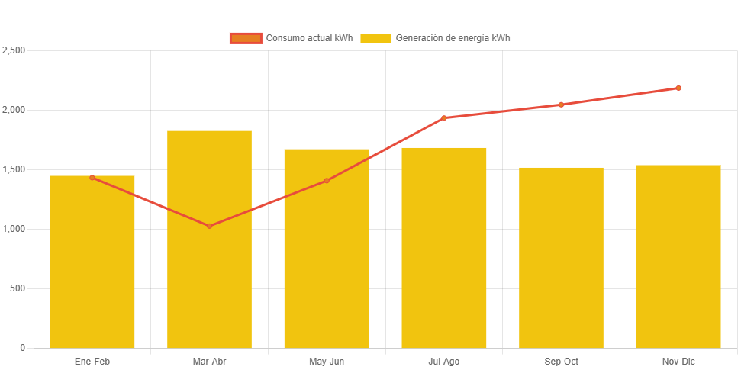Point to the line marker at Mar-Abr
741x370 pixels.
click(x=209, y=226)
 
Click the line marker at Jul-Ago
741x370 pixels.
click(x=444, y=117)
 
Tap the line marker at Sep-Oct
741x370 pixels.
click(x=561, y=105)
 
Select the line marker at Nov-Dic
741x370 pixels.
click(x=678, y=88)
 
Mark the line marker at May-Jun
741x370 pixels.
click(x=327, y=181)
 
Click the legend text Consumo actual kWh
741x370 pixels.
click(x=309, y=38)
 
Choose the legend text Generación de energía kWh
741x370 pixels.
click(x=453, y=38)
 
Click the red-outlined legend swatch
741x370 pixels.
click(x=246, y=38)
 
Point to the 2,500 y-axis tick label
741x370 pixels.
click(x=14, y=50)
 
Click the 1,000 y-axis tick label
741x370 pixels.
click(x=14, y=229)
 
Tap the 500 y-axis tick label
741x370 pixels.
click(x=18, y=288)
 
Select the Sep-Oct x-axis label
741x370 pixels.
click(x=561, y=361)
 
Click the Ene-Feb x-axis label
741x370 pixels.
click(x=92, y=361)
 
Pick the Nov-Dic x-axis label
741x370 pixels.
click(x=678, y=361)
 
